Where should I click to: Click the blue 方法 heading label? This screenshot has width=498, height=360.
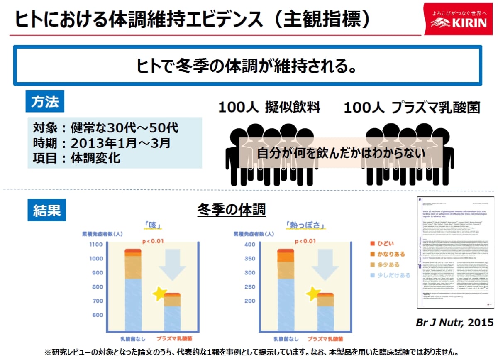(45, 101)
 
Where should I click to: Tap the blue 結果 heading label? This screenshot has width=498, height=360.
(45, 210)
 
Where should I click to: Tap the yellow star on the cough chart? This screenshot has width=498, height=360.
(159, 294)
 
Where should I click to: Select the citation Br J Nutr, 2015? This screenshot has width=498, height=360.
(455, 322)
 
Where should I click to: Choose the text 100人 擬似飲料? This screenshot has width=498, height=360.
(269, 108)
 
